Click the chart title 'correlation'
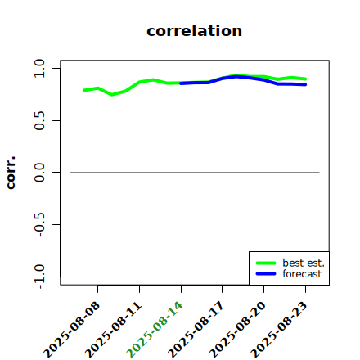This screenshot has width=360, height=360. coord(194,31)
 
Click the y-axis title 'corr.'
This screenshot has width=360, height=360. coord(11,173)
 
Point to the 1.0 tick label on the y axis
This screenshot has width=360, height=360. coord(39,68)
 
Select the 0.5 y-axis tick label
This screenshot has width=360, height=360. coord(39,120)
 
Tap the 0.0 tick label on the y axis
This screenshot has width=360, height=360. coord(39,173)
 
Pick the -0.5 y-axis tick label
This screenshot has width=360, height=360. coord(39,224)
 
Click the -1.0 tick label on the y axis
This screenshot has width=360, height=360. coord(39,277)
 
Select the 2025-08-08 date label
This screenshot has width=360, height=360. coord(71,330)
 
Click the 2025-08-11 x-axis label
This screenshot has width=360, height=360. coord(113,330)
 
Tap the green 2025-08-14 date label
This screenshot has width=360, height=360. coord(155,330)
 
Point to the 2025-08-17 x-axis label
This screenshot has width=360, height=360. coord(196,330)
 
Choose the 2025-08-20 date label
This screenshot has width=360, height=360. coord(237,330)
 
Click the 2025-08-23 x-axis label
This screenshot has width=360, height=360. coord(279,330)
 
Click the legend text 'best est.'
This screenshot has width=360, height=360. coord(304,263)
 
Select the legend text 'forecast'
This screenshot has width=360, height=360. coord(302,273)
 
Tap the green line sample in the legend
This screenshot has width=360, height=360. coord(266,263)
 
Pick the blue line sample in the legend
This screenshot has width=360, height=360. coord(266,273)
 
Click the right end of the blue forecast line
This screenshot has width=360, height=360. coord(305,84)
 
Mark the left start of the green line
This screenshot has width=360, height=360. coord(84,90)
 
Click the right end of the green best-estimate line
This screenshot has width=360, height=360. coord(305,79)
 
